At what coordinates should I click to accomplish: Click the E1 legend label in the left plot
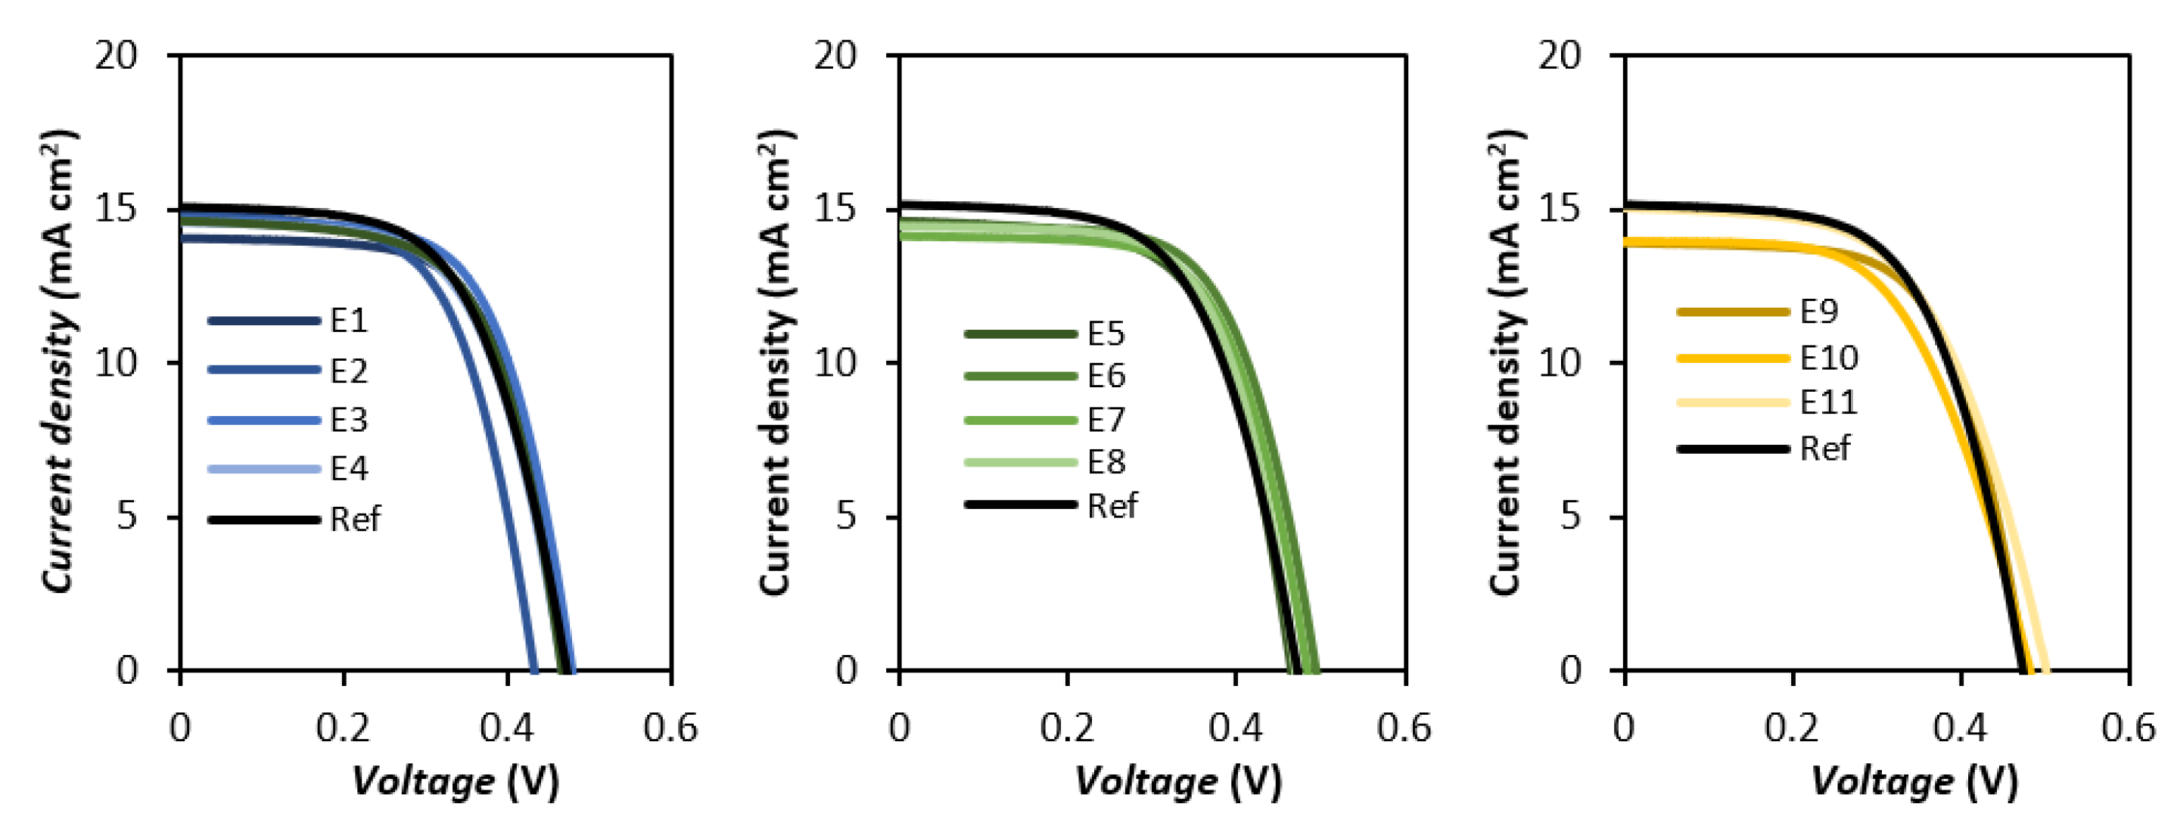coord(349,321)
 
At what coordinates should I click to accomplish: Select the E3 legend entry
coord(349,419)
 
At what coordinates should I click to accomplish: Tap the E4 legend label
coord(349,468)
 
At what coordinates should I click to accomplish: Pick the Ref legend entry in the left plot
coord(354,519)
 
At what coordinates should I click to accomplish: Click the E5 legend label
coord(1106,334)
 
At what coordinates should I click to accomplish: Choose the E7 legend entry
coord(1106,419)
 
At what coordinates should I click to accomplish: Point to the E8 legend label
coord(1106,462)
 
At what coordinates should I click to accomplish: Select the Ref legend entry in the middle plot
coord(1112,505)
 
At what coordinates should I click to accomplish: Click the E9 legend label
coord(1818,312)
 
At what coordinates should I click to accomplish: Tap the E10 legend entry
coord(1828,359)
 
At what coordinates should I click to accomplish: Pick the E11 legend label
coord(1828,402)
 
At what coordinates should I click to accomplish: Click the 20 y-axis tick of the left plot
coord(116,56)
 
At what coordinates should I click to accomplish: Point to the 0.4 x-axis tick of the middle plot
coord(1235,728)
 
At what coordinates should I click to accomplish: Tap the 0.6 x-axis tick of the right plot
coord(2129,728)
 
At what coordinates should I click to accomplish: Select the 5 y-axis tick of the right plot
coord(1569,517)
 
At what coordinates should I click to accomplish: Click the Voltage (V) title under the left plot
coord(455,781)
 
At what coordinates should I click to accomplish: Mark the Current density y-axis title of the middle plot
coord(775,363)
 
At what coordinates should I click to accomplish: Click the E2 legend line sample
coord(264,371)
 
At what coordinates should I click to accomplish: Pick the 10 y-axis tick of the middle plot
coord(835,363)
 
